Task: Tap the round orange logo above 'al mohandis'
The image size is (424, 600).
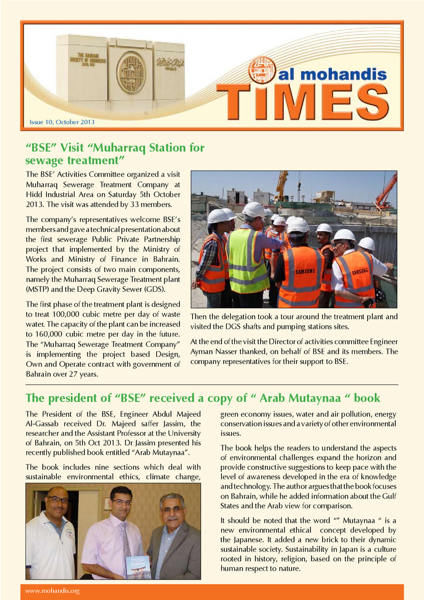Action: click(x=262, y=70)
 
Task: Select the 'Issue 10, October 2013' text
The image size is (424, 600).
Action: click(x=62, y=122)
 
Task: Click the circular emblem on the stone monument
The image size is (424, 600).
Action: click(x=131, y=73)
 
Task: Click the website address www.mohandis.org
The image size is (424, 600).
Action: click(x=52, y=591)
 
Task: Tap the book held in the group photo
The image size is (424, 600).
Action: click(x=138, y=567)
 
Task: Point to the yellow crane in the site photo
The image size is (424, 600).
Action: click(x=282, y=184)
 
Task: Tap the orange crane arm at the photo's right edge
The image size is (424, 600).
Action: click(x=387, y=190)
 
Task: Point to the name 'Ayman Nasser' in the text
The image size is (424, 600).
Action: click(x=214, y=352)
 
